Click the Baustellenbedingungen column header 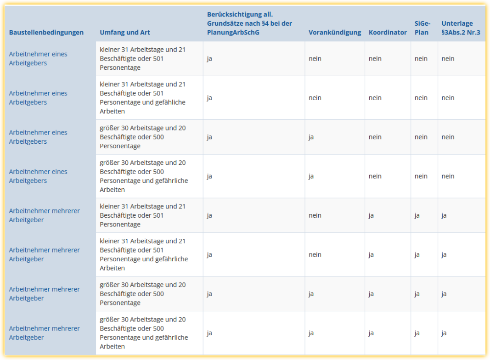[46, 33]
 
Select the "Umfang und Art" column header [125, 33]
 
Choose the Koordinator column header [388, 33]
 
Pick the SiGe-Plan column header [422, 28]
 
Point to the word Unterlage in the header [457, 23]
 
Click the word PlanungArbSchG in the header [233, 33]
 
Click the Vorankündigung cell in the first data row [315, 59]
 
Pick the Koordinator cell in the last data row [371, 333]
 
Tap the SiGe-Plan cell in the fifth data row [417, 215]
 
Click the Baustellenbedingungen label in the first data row [38, 59]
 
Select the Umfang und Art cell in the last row [144, 333]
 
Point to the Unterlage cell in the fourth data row [448, 176]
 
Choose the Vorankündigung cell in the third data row [311, 137]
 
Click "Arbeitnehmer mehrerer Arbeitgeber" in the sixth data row [45, 254]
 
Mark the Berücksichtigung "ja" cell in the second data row [209, 98]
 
